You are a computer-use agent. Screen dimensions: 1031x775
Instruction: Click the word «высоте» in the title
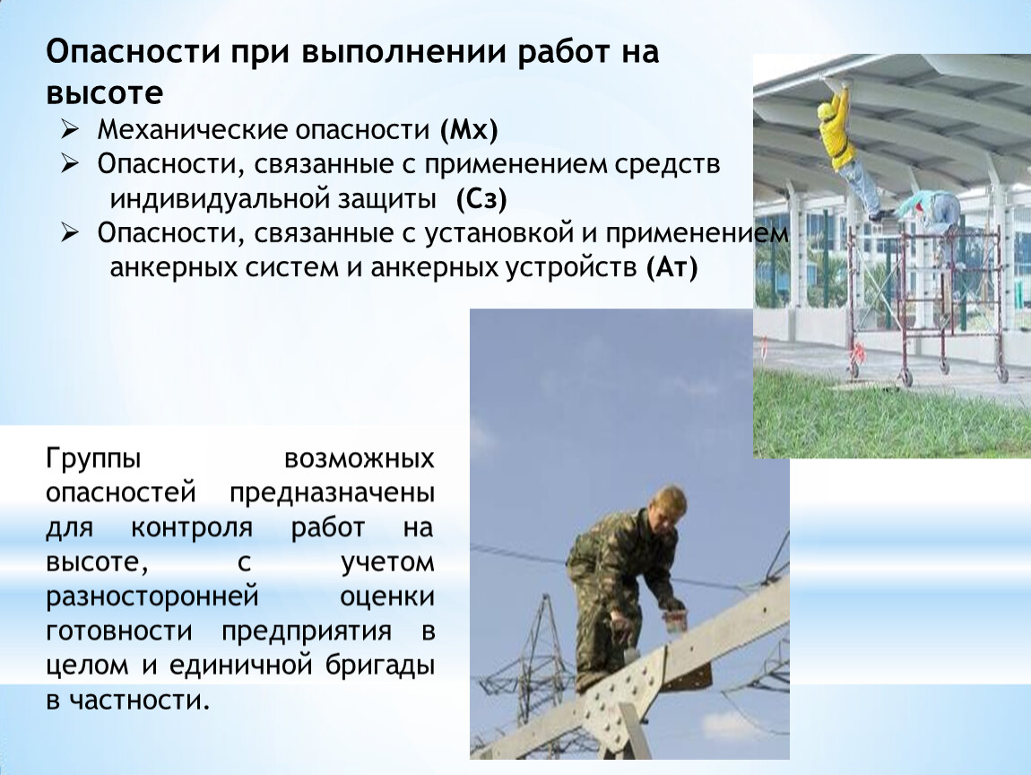pyautogui.click(x=105, y=93)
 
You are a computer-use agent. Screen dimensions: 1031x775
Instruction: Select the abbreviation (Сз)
pyautogui.click(x=482, y=199)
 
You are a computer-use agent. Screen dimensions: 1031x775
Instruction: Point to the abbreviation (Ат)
pyautogui.click(x=671, y=267)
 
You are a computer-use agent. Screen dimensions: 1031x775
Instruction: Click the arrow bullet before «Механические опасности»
pyautogui.click(x=69, y=128)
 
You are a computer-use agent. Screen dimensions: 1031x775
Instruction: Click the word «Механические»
pyautogui.click(x=191, y=130)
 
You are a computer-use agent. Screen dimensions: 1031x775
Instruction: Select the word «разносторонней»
pyautogui.click(x=152, y=597)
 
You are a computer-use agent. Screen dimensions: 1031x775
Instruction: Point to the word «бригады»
pyautogui.click(x=380, y=666)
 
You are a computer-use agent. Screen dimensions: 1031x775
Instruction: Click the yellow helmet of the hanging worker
pyautogui.click(x=826, y=110)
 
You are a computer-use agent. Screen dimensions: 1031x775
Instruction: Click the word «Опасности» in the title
pyautogui.click(x=132, y=52)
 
